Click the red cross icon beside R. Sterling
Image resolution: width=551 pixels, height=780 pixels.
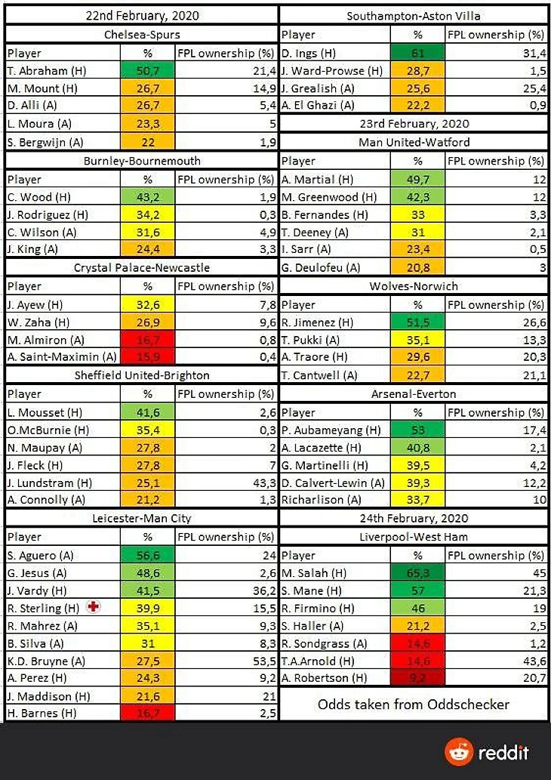click(93, 607)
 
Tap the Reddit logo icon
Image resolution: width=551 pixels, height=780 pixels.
click(457, 752)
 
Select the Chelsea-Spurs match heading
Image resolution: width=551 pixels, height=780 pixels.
click(142, 34)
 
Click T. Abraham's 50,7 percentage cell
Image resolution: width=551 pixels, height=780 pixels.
click(148, 70)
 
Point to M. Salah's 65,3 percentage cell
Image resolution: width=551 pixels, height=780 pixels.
click(418, 572)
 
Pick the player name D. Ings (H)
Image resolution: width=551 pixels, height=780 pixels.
click(309, 52)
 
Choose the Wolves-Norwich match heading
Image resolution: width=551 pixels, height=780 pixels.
click(414, 286)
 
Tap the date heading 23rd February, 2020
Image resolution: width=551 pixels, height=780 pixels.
click(414, 124)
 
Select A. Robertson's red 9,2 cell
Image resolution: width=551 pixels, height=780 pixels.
click(418, 678)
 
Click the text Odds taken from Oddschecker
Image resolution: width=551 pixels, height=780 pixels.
click(414, 704)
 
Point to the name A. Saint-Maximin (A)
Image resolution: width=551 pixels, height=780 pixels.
click(62, 356)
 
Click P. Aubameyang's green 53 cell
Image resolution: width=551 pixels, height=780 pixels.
click(418, 430)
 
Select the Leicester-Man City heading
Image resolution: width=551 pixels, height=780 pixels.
click(142, 519)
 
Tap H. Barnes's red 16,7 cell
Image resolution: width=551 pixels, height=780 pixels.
click(148, 713)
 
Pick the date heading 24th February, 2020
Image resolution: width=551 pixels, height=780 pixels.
click(414, 519)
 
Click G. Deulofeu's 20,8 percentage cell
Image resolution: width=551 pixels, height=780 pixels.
click(418, 267)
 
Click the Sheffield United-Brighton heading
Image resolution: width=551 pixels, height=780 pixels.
click(142, 375)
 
